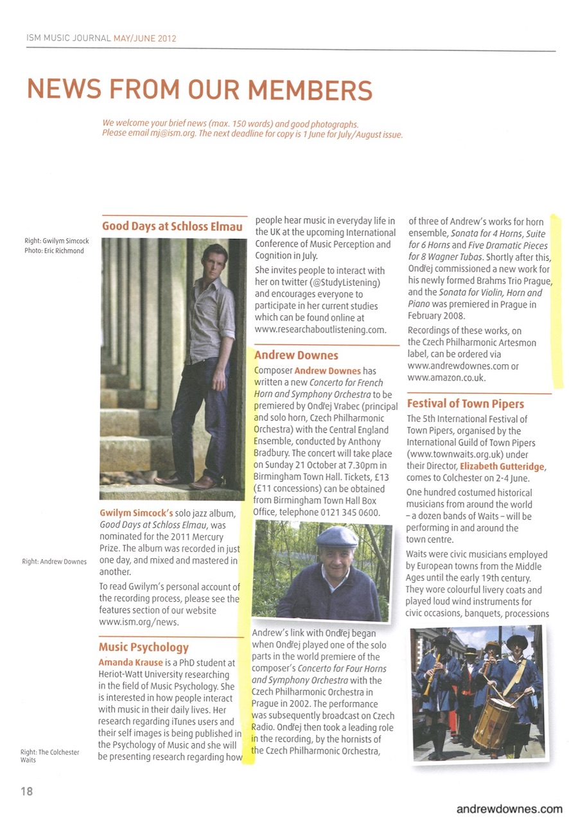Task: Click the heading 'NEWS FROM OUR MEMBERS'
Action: (x=199, y=89)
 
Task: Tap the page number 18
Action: (x=26, y=791)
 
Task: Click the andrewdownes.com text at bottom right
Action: (x=509, y=809)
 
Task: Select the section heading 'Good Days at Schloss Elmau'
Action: (x=172, y=226)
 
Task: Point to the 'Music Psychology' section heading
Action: (x=144, y=647)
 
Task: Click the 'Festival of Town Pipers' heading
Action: (x=466, y=403)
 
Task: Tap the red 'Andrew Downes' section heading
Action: (x=296, y=355)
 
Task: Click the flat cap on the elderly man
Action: (x=337, y=536)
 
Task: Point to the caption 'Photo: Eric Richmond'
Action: (x=55, y=251)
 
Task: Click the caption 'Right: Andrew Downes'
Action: (x=55, y=561)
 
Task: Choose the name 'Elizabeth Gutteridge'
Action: (x=502, y=466)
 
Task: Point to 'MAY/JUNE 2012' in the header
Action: (x=144, y=38)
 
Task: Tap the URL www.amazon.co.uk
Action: (x=446, y=377)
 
